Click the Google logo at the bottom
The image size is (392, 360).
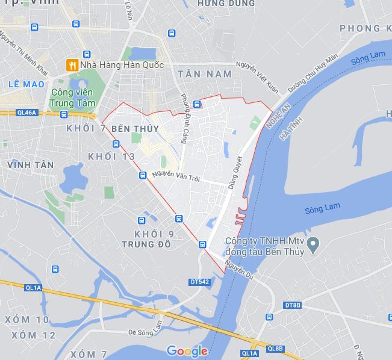[187, 351]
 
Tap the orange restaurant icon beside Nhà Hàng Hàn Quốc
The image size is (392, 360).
[72, 64]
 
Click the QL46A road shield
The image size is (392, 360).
[26, 112]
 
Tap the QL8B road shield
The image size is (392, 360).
[275, 349]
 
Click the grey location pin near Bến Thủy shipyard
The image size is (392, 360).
[313, 244]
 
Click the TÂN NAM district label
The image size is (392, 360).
[205, 73]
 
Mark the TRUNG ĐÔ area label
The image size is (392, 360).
[146, 244]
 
